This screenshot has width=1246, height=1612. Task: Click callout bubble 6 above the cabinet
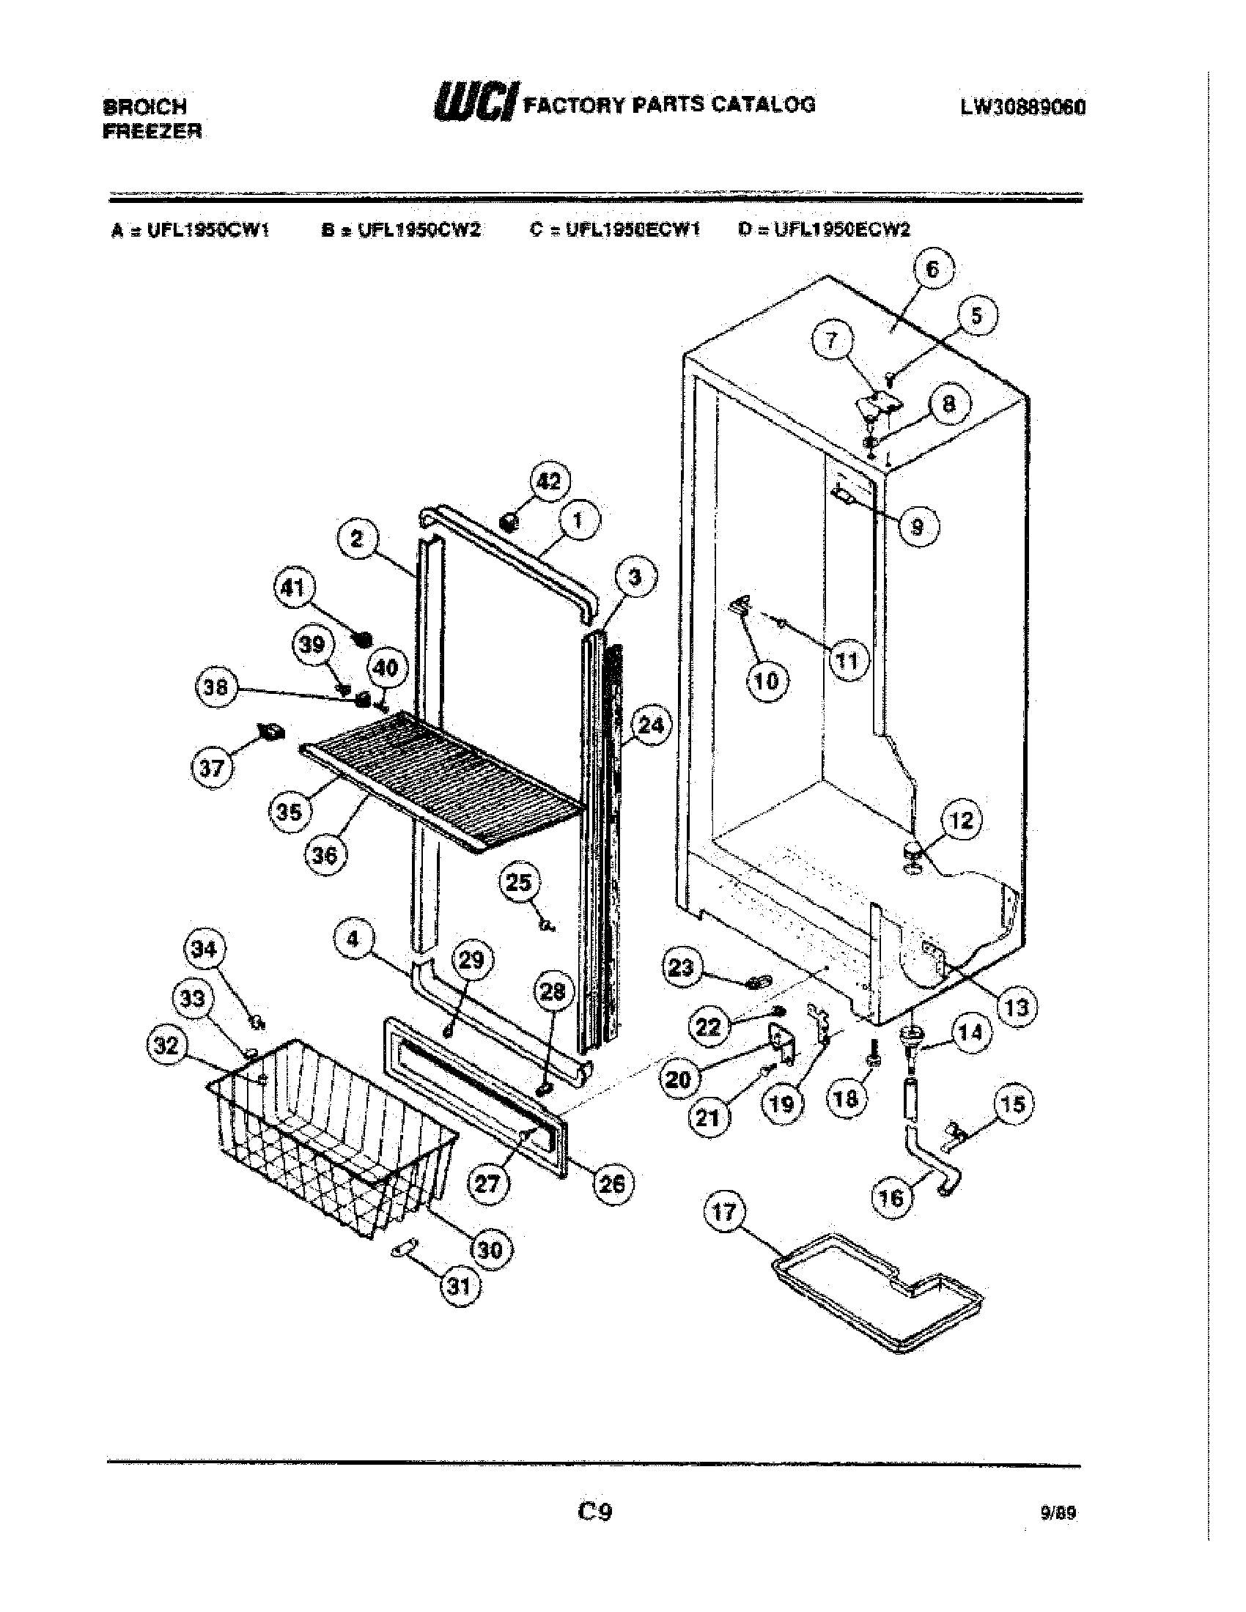click(933, 270)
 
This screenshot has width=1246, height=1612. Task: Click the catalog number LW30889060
click(1022, 107)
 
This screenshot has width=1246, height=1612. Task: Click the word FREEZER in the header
click(152, 131)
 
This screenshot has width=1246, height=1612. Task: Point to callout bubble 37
click(212, 768)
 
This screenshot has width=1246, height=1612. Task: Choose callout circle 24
click(650, 725)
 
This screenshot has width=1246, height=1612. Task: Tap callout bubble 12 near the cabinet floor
click(961, 820)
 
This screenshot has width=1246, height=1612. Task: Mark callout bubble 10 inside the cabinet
click(767, 680)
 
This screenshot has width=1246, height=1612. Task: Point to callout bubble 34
click(204, 948)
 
